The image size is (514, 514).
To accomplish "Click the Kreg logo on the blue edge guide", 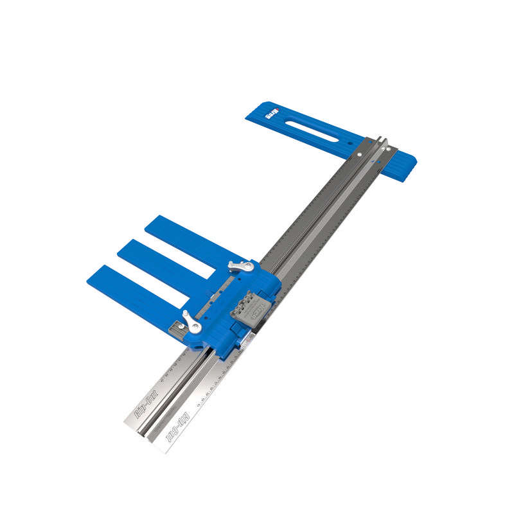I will (270, 115).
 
